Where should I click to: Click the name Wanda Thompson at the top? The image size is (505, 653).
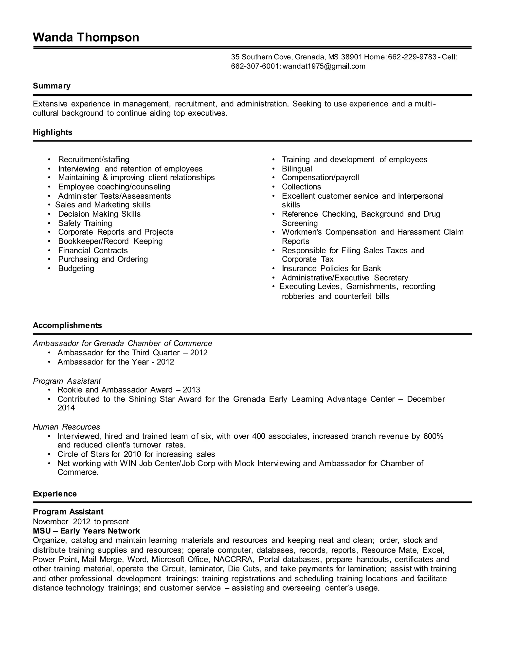86,38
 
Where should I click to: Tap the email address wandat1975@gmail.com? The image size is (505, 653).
324,66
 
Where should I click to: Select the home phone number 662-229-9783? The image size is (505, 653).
412,57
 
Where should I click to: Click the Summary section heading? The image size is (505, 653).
52,86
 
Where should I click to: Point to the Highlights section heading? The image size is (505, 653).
53,133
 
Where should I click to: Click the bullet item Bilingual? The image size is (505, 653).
297,169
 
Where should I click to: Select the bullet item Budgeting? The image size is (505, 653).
76,269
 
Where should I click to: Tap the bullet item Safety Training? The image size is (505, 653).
85,223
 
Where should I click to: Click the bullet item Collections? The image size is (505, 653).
301,187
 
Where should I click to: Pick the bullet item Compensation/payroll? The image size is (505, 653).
320,178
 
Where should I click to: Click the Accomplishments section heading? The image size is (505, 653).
67,326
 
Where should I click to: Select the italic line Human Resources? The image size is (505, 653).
66,427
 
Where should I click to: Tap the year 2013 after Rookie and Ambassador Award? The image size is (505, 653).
191,390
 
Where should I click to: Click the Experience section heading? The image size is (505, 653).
55,494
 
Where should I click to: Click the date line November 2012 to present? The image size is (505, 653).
81,522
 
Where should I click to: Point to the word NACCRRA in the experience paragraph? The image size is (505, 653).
233,559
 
